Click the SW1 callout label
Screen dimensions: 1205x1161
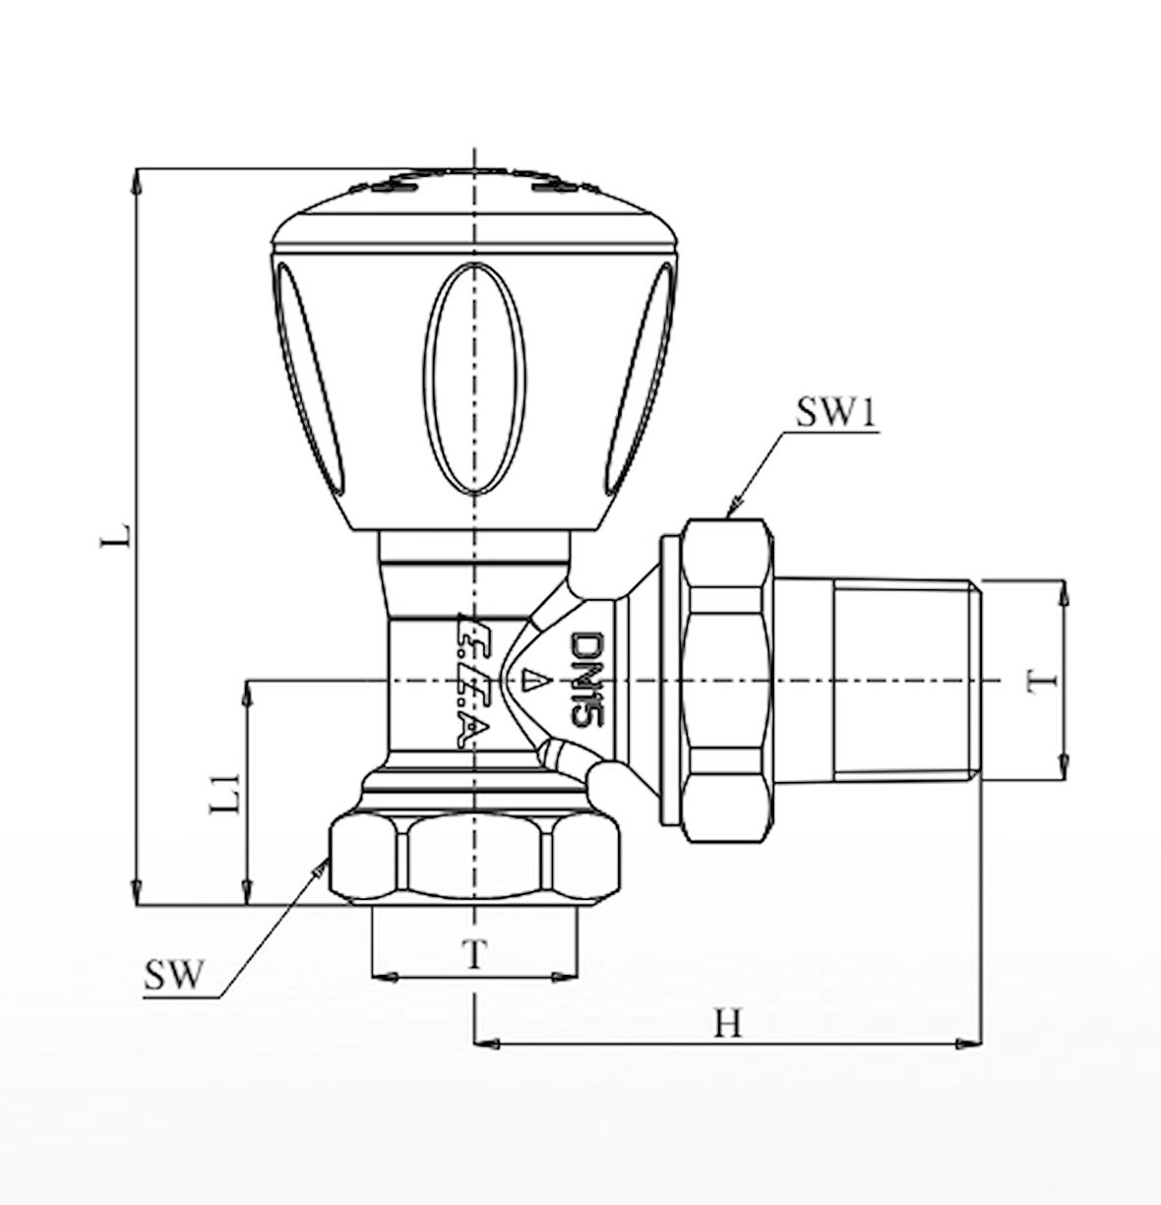click(835, 414)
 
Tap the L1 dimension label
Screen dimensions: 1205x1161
click(226, 795)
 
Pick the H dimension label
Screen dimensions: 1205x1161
click(727, 1025)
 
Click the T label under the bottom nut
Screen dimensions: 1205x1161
click(474, 952)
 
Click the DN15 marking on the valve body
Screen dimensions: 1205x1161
click(584, 680)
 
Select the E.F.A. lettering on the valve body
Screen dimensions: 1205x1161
click(470, 681)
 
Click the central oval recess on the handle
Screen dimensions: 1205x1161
click(474, 377)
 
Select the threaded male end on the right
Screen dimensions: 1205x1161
click(905, 681)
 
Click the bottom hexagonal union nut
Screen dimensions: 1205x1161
click(475, 857)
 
